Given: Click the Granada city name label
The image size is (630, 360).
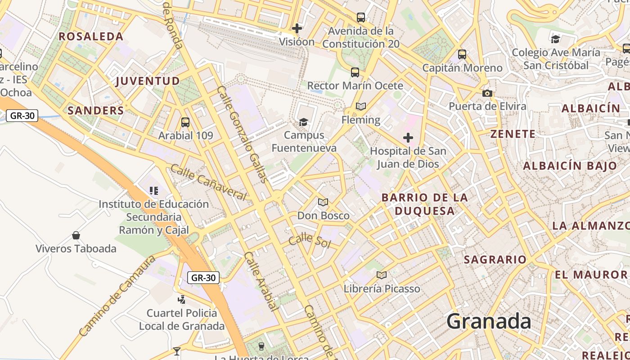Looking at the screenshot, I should point(489,322).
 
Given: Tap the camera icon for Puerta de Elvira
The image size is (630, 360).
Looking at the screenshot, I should point(487,94).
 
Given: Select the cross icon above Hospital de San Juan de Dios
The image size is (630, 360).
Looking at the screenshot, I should point(408,138).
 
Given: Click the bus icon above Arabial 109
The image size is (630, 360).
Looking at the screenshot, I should point(185,122).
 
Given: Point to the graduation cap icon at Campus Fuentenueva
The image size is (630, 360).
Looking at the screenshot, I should point(304,122).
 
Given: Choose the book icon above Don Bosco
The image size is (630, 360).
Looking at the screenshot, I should point(323,202).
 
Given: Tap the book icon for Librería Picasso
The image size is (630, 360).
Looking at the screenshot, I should point(382,275).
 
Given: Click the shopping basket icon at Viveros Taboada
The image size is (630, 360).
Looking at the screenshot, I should point(76,235).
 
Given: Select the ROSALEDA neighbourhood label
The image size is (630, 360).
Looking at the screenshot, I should point(91,36).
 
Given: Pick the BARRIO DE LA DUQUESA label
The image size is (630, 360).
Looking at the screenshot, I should point(424,204).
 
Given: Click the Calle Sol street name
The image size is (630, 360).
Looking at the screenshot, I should point(310,241).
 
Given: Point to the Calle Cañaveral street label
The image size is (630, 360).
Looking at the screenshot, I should point(208,182).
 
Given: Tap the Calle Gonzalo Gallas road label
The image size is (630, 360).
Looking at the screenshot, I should point(243,134).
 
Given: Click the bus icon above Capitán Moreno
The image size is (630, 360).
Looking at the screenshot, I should point(462,54).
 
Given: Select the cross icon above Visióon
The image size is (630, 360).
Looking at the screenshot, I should point(297,28).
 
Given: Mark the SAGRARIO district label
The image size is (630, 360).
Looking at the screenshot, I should point(495,260).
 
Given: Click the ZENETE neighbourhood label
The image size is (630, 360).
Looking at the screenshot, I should point(513,134).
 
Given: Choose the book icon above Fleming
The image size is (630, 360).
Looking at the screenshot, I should point(361,107).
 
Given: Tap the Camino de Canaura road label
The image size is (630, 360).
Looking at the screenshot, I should point(117,296).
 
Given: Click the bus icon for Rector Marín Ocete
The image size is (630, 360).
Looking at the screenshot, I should point(355,72).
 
